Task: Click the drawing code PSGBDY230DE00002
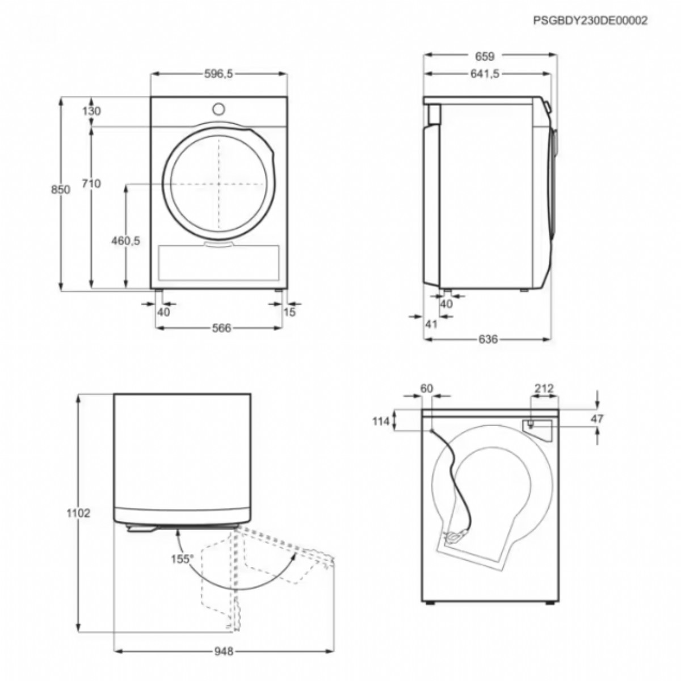pyautogui.click(x=590, y=21)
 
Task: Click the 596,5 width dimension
pyautogui.click(x=218, y=74)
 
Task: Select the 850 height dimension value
pyautogui.click(x=61, y=190)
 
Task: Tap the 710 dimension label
pyautogui.click(x=91, y=183)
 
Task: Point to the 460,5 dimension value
pyautogui.click(x=126, y=241)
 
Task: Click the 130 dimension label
pyautogui.click(x=91, y=111)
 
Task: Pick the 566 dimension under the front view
pyautogui.click(x=221, y=329)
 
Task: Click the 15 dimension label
pyautogui.click(x=289, y=312)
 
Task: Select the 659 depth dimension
pyautogui.click(x=485, y=56)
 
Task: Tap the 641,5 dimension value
pyautogui.click(x=485, y=74)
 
